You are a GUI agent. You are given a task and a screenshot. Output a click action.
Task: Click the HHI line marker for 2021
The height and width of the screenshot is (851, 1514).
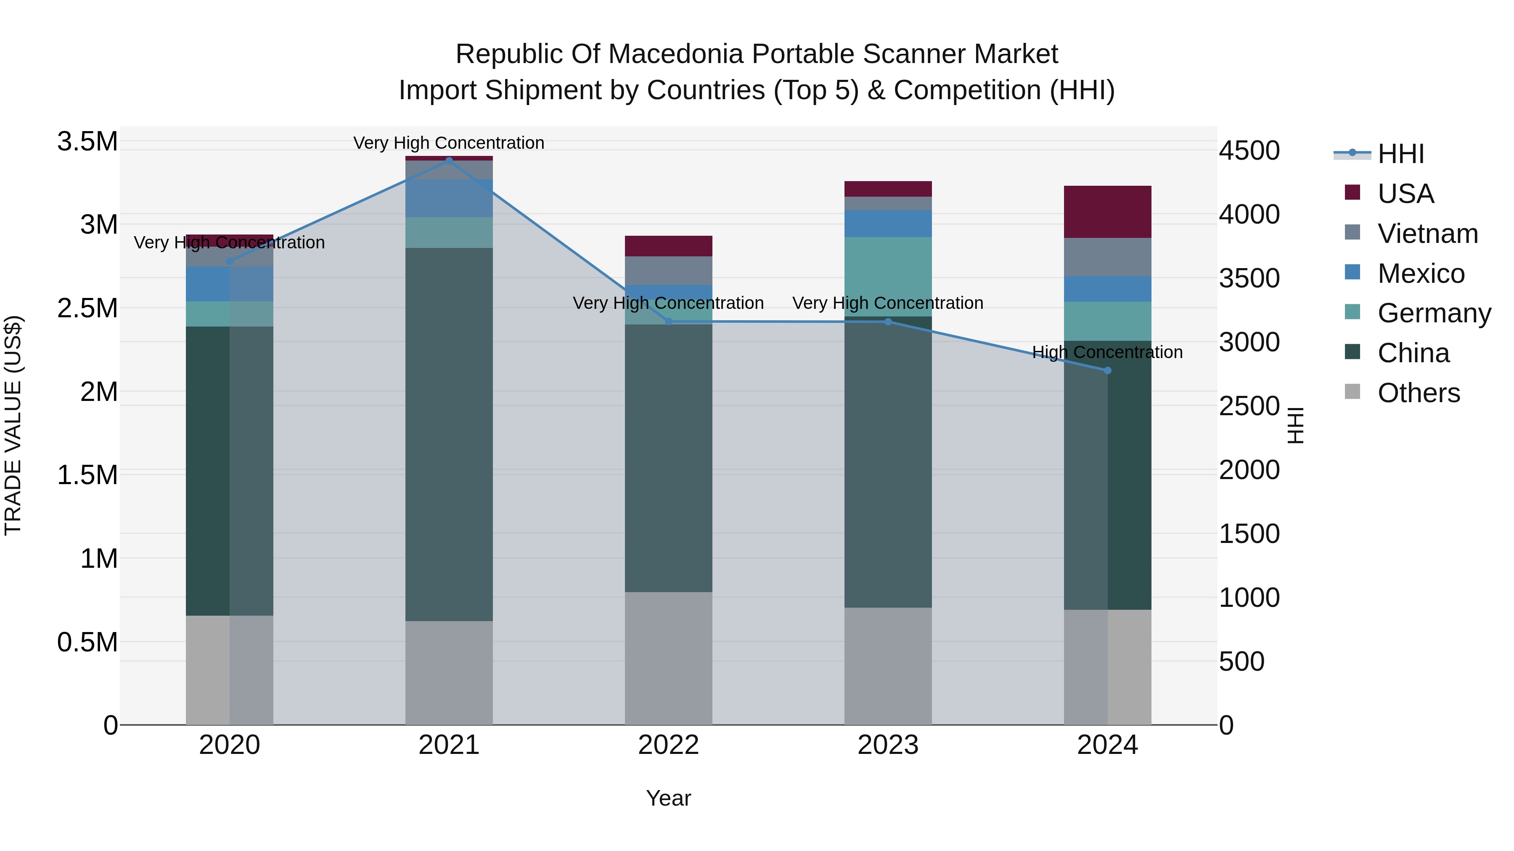click(x=449, y=161)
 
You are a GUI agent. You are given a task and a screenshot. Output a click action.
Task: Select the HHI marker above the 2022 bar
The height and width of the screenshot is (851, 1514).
click(x=668, y=321)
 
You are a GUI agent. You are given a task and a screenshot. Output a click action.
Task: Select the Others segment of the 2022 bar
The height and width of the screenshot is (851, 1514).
click(x=668, y=658)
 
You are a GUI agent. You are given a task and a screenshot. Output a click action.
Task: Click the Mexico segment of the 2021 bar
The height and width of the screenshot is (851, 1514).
click(x=449, y=198)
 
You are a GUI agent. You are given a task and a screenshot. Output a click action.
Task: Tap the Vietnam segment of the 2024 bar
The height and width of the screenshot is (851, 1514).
click(x=1107, y=257)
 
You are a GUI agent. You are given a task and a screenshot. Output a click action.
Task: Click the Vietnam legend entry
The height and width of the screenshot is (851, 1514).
click(x=1427, y=234)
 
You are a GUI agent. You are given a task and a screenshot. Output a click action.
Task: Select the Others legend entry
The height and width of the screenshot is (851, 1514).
click(x=1418, y=393)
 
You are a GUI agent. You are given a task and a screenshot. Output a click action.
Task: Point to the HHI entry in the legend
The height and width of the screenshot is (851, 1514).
click(x=1400, y=154)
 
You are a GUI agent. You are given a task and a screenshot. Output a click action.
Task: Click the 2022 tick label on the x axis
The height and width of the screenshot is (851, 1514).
click(x=668, y=745)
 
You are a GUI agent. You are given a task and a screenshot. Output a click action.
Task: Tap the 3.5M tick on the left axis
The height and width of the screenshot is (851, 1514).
click(x=87, y=142)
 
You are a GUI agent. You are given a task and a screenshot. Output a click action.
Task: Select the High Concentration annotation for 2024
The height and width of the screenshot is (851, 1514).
click(x=1107, y=353)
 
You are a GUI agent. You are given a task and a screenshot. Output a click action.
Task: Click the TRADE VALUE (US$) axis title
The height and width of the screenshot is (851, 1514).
click(x=13, y=425)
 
